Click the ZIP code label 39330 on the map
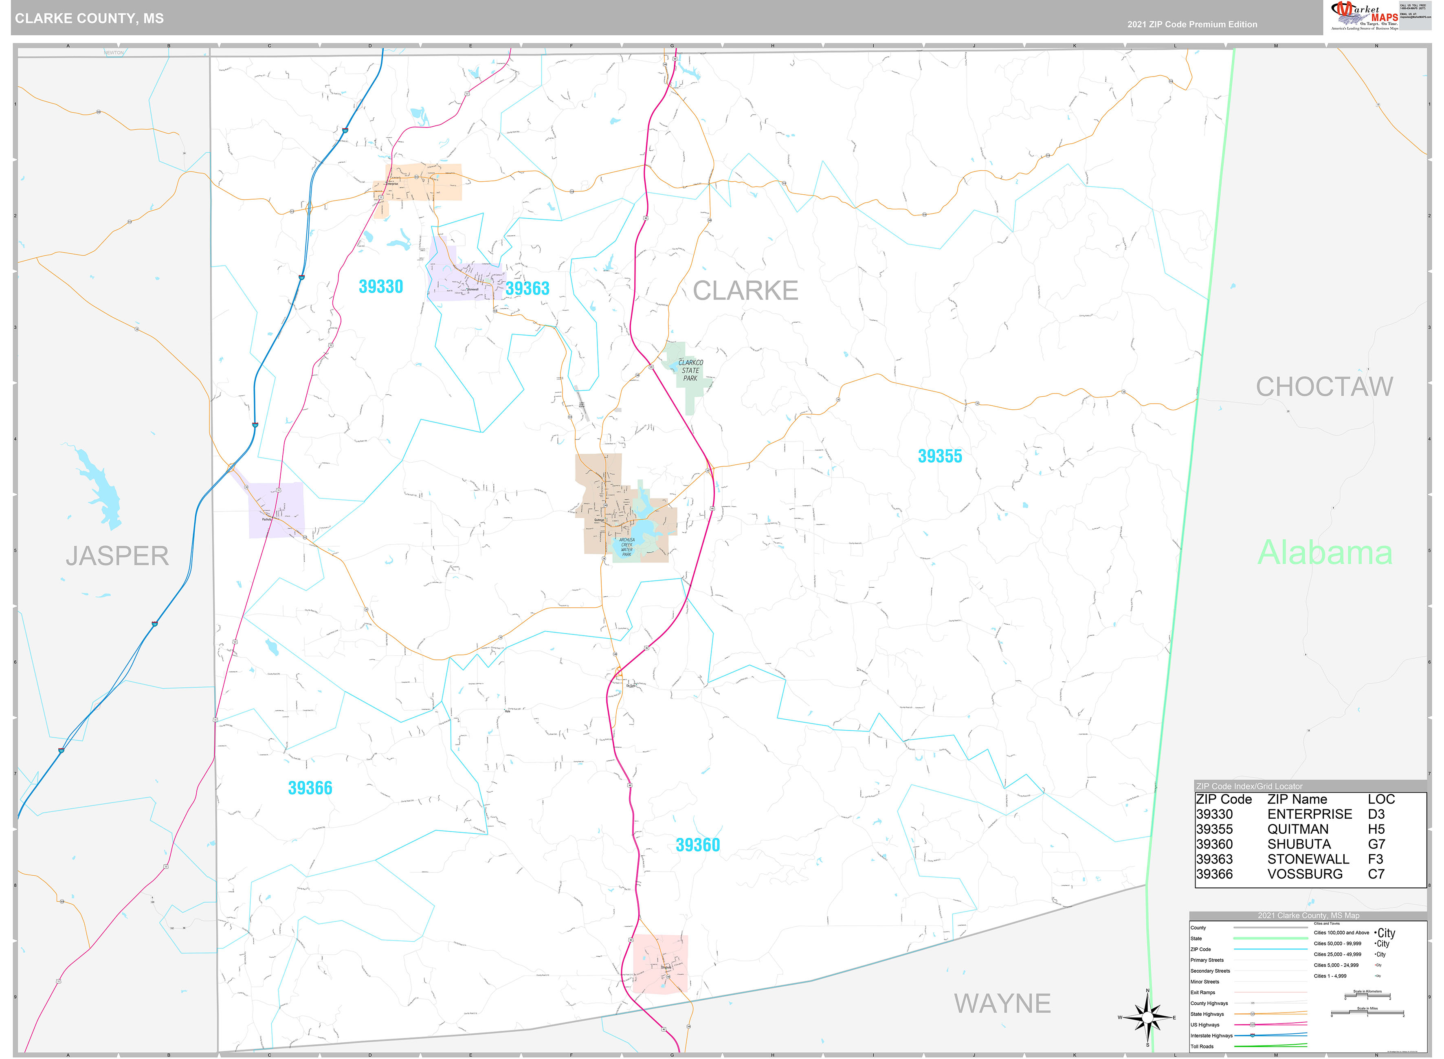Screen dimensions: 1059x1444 tap(381, 287)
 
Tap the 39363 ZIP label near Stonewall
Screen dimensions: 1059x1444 tap(527, 288)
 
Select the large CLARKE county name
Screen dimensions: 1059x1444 tap(745, 290)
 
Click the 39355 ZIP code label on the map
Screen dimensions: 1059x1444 tap(940, 457)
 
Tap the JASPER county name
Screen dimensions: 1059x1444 tap(117, 556)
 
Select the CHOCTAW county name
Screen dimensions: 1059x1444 tap(1324, 387)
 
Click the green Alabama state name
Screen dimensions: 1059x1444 tap(1325, 553)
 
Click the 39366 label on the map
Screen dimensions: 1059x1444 tap(310, 788)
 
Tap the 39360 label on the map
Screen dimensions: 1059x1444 tap(697, 845)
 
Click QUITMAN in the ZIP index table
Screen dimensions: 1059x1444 tap(1297, 829)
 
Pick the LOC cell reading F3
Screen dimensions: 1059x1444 tap(1376, 859)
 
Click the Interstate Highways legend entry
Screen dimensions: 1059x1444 tap(1211, 1035)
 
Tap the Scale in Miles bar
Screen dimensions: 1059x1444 tap(1367, 1014)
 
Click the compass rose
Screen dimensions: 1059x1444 tap(1147, 1017)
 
